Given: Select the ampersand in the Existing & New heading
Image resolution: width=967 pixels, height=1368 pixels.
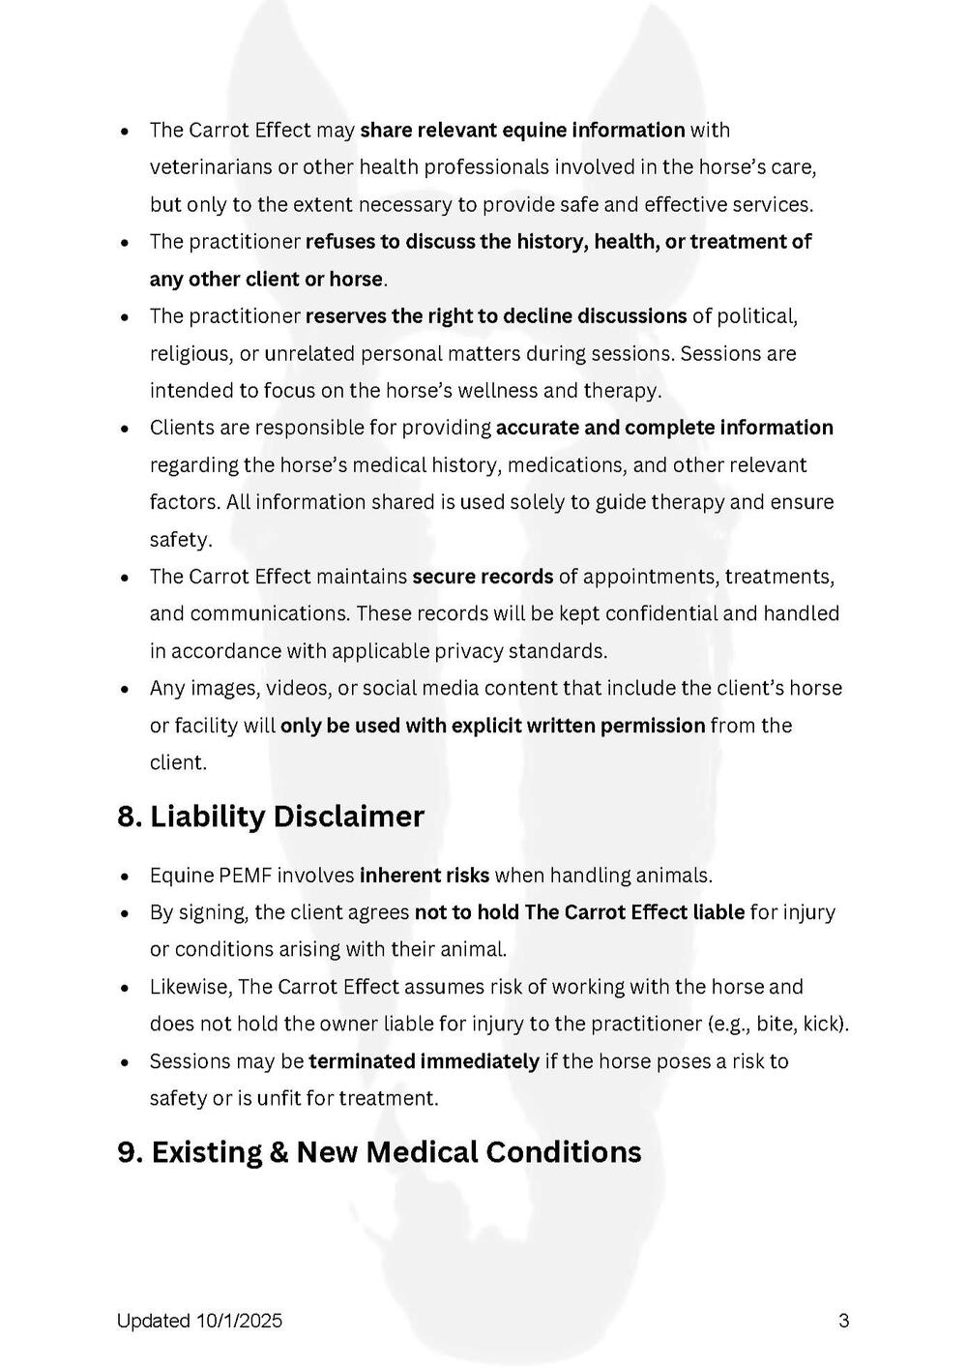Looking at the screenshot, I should click(x=279, y=1152).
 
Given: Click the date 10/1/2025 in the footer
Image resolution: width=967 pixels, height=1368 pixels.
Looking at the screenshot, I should click(x=239, y=1321).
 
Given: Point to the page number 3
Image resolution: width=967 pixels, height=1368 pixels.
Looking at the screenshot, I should click(x=843, y=1321).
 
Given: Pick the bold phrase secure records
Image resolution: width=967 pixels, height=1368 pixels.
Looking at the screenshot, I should click(x=483, y=577).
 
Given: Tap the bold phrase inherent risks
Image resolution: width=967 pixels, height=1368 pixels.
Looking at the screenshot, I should click(x=425, y=876).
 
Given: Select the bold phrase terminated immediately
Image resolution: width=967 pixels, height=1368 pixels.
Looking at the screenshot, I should click(x=424, y=1061).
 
